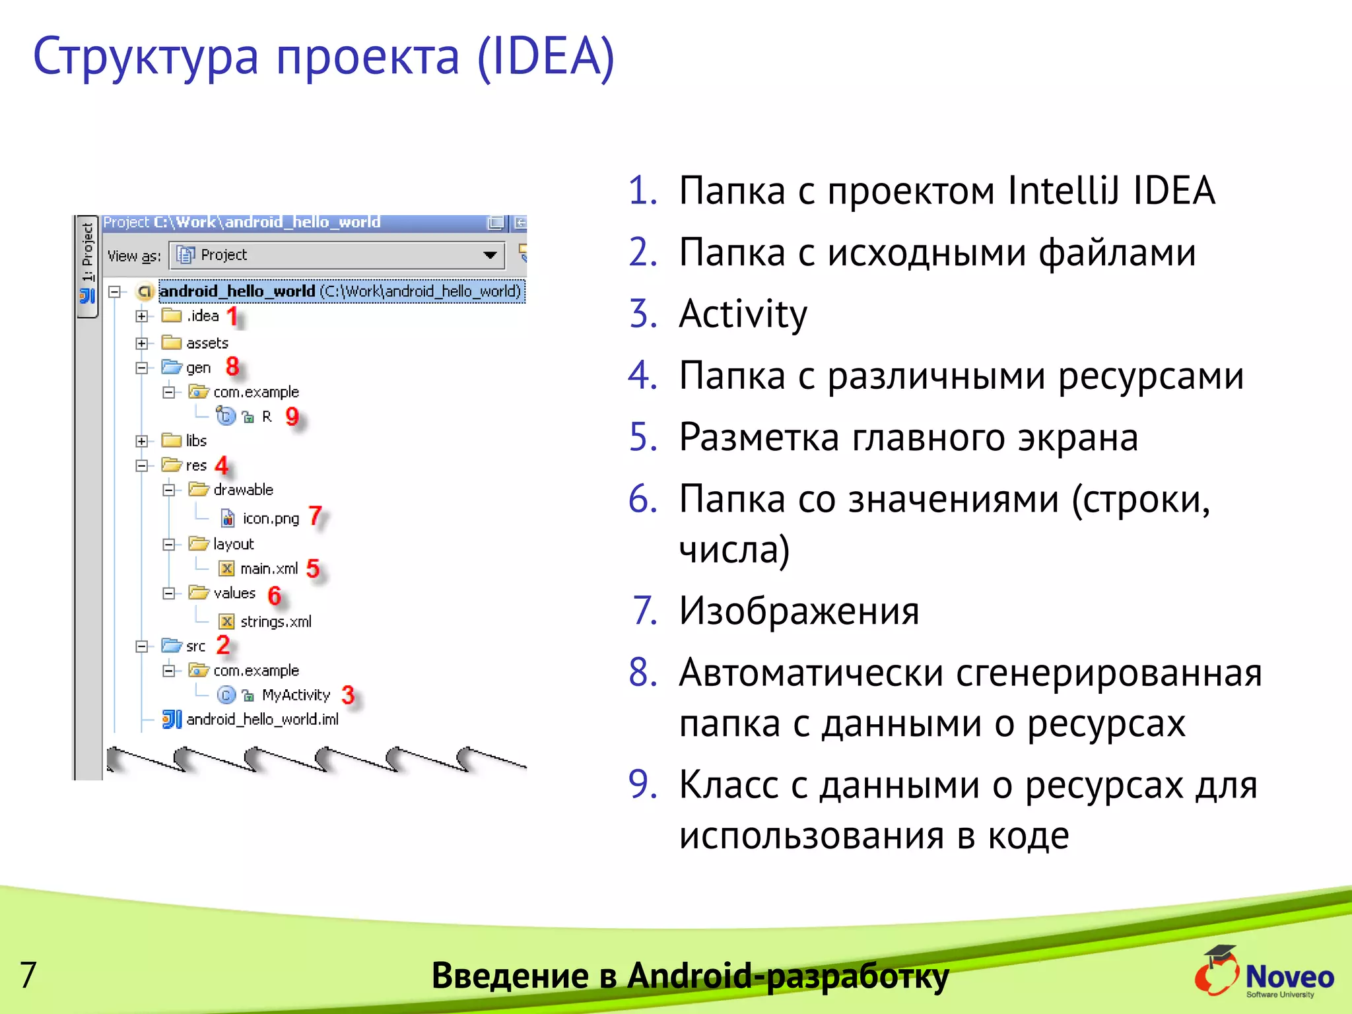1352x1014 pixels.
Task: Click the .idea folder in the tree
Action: (202, 316)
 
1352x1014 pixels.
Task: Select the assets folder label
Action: (207, 343)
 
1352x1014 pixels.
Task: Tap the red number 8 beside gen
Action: (232, 366)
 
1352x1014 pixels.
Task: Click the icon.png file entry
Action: (271, 519)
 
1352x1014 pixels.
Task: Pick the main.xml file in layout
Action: (269, 569)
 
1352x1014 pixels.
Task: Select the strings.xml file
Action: (275, 622)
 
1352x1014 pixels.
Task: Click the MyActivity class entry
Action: (295, 695)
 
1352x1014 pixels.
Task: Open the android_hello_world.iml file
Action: (262, 720)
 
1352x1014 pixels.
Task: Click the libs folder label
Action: (196, 441)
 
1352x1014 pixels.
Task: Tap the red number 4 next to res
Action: (222, 465)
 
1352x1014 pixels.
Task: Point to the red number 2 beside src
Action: (223, 645)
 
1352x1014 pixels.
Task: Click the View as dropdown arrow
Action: (490, 255)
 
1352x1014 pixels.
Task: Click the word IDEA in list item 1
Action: (1174, 191)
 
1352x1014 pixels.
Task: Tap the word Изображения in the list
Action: (799, 611)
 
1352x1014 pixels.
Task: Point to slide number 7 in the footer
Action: (28, 975)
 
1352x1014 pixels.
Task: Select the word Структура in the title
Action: (146, 57)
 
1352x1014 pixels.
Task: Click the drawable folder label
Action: (243, 490)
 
